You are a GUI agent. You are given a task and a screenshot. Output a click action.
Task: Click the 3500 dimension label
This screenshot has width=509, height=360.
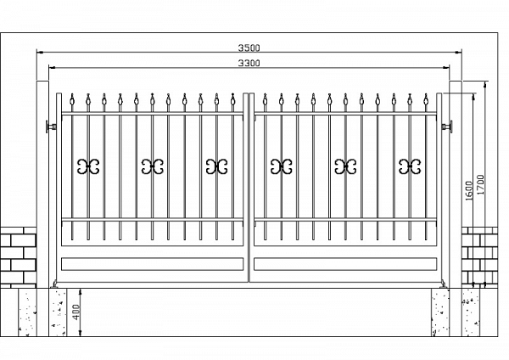pyautogui.click(x=249, y=48)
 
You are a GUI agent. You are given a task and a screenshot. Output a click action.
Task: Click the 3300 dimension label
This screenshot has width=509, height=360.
pyautogui.click(x=249, y=63)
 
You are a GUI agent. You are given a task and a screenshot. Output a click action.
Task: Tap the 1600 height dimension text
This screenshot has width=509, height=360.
pyautogui.click(x=469, y=191)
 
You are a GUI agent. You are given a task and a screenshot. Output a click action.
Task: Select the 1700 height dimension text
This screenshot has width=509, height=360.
pyautogui.click(x=480, y=184)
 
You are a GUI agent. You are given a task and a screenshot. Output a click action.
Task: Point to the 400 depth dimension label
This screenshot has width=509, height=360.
pyautogui.click(x=76, y=312)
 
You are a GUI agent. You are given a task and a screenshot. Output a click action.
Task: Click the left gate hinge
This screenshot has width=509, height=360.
pyautogui.click(x=51, y=126)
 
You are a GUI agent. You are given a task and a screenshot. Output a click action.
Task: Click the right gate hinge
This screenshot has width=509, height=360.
pyautogui.click(x=447, y=126)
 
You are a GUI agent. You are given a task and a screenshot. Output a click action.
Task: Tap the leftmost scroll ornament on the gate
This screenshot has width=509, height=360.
pyautogui.click(x=88, y=166)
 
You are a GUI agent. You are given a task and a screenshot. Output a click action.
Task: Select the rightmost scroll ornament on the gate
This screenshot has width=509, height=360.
pyautogui.click(x=410, y=166)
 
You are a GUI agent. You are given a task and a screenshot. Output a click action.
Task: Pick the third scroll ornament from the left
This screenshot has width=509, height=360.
pyautogui.click(x=216, y=166)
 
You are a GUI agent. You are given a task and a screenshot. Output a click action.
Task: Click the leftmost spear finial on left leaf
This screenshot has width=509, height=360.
pyautogui.click(x=72, y=100)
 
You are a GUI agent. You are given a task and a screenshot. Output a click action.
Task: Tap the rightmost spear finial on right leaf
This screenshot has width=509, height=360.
pyautogui.click(x=426, y=100)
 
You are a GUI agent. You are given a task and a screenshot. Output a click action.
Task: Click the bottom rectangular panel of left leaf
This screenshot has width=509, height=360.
pyautogui.click(x=152, y=264)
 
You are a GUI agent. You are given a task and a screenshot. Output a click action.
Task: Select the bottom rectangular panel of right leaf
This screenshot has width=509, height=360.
pyautogui.click(x=345, y=264)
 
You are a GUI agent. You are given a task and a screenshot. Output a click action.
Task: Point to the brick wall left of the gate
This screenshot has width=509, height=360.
pyautogui.click(x=18, y=257)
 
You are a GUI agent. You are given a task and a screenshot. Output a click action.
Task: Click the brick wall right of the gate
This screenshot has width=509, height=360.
pyautogui.click(x=479, y=257)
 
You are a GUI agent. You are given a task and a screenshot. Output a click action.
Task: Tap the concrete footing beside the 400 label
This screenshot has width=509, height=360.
pyautogui.click(x=58, y=312)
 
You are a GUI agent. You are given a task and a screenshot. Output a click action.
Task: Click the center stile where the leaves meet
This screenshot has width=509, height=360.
pyautogui.click(x=249, y=188)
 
